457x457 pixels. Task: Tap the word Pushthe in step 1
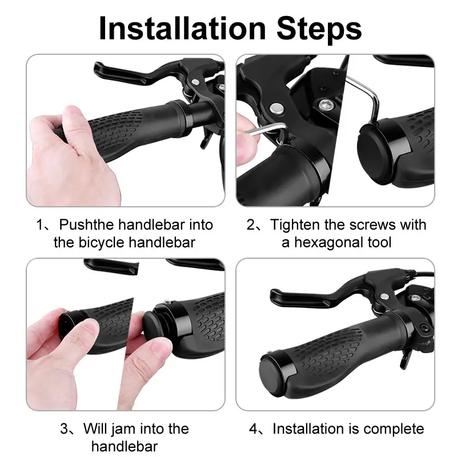[85, 225]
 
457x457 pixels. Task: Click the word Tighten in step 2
[296, 225]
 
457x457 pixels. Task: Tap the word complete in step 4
[394, 429]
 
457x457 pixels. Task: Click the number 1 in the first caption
[40, 225]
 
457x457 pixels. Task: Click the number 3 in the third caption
[64, 429]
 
